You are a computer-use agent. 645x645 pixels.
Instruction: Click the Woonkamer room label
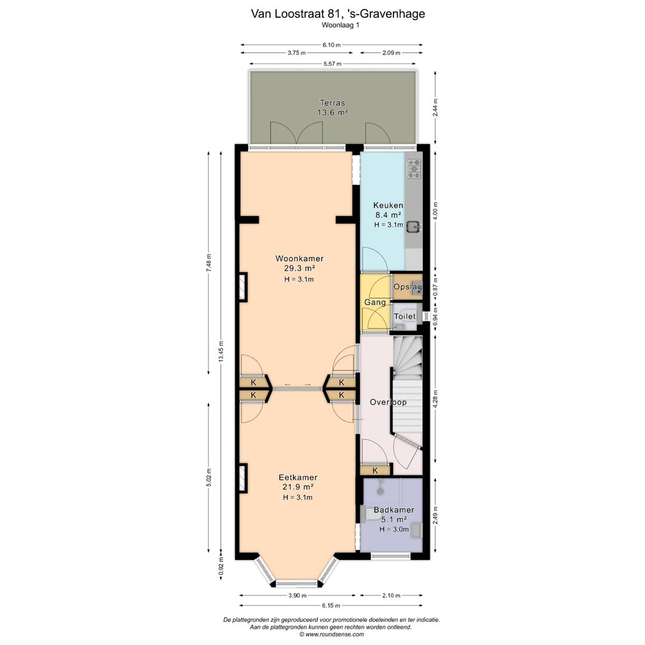[x=299, y=259]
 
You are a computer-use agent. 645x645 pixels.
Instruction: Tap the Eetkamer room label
[x=298, y=478]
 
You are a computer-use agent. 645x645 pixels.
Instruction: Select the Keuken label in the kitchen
[x=388, y=205]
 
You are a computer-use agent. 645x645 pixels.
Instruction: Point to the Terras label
[x=333, y=103]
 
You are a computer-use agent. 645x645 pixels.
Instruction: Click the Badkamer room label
[x=394, y=509]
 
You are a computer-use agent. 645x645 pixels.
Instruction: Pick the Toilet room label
[x=405, y=317]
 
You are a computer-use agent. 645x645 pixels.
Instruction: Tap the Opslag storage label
[x=408, y=287]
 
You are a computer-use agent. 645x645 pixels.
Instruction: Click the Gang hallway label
[x=374, y=302]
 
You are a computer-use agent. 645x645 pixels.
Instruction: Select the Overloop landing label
[x=388, y=402]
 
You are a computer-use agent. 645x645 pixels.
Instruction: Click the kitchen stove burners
[x=413, y=169]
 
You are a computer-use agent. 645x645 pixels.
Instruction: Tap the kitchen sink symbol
[x=413, y=226]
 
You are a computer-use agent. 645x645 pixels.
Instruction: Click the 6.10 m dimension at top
[x=331, y=45]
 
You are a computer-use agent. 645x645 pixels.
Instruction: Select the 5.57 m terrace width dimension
[x=333, y=64]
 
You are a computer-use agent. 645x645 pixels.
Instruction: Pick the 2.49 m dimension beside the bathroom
[x=435, y=515]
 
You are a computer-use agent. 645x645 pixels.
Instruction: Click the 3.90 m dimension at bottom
[x=297, y=595]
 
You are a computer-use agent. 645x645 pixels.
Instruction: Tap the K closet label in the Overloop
[x=375, y=470]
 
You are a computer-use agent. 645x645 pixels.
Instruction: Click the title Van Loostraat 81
[x=296, y=14]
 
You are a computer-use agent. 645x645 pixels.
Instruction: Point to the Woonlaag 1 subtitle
[x=340, y=25]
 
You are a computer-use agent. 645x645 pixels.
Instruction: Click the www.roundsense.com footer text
[x=334, y=634]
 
